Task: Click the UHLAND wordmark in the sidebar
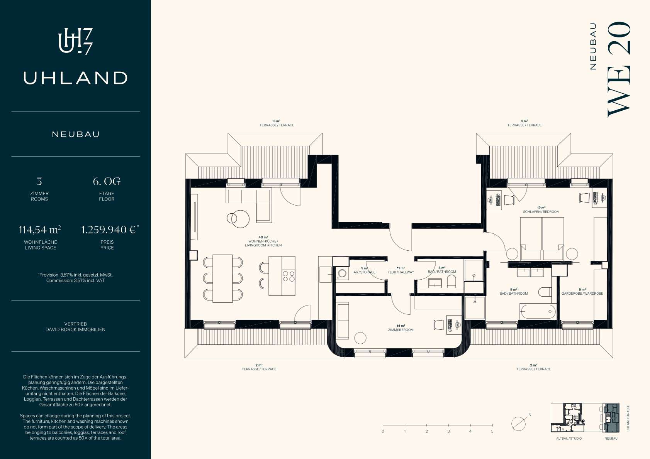coord(75,78)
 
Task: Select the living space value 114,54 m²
coord(40,230)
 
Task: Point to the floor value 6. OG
coord(107,181)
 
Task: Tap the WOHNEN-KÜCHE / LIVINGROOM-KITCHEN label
coord(263,243)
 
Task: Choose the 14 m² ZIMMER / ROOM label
coord(401,328)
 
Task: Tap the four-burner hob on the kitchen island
coord(289,276)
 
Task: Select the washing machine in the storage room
coord(342,273)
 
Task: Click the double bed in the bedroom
coord(542,238)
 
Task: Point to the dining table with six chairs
coord(222,278)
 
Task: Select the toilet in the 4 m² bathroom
coord(451,281)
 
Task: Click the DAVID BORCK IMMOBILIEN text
coord(75,329)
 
